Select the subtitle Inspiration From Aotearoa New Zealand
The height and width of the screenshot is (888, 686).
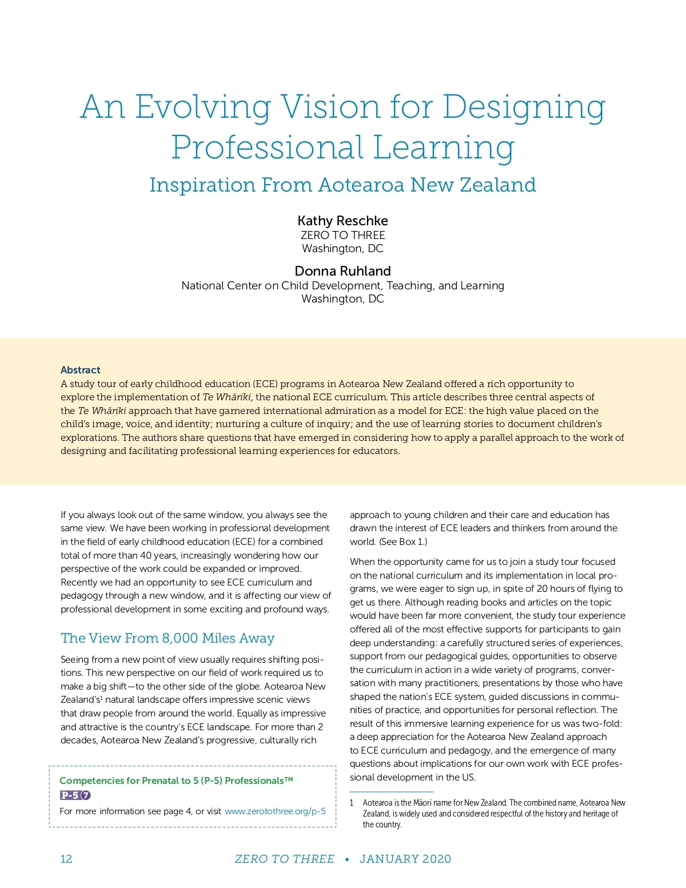point(342,185)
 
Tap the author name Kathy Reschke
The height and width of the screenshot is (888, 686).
point(342,221)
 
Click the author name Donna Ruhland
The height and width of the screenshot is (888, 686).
point(342,271)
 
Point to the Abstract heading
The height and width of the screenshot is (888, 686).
point(81,370)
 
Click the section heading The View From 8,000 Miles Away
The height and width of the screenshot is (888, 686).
point(167,638)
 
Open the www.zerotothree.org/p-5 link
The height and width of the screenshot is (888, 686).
point(275,811)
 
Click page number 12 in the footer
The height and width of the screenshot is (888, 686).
point(66,859)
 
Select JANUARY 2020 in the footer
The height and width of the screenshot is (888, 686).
point(405,859)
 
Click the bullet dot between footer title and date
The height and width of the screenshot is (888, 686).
point(346,859)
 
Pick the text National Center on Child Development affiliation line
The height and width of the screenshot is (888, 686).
point(342,285)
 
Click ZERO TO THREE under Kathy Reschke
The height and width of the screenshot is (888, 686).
point(342,235)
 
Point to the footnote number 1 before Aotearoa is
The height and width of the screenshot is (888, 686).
point(352,803)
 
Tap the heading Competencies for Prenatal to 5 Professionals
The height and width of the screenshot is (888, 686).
point(176,781)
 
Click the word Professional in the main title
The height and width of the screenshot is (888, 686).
point(268,148)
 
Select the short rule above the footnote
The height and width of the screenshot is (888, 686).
point(392,791)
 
